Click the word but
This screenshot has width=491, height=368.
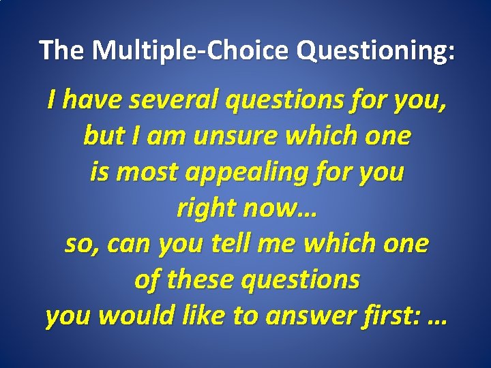(x=101, y=136)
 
